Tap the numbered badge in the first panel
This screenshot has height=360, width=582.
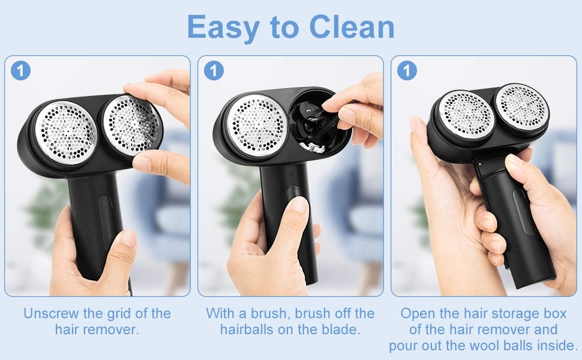coord(20,71)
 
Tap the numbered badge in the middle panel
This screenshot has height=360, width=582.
coord(214,71)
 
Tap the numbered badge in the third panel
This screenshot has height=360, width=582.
coord(407,71)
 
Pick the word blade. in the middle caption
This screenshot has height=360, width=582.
coord(342,329)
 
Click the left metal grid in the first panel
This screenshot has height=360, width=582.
coord(65,131)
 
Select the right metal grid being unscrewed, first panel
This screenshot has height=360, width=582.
coord(131,124)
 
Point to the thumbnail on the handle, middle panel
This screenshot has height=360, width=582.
coord(298,206)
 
